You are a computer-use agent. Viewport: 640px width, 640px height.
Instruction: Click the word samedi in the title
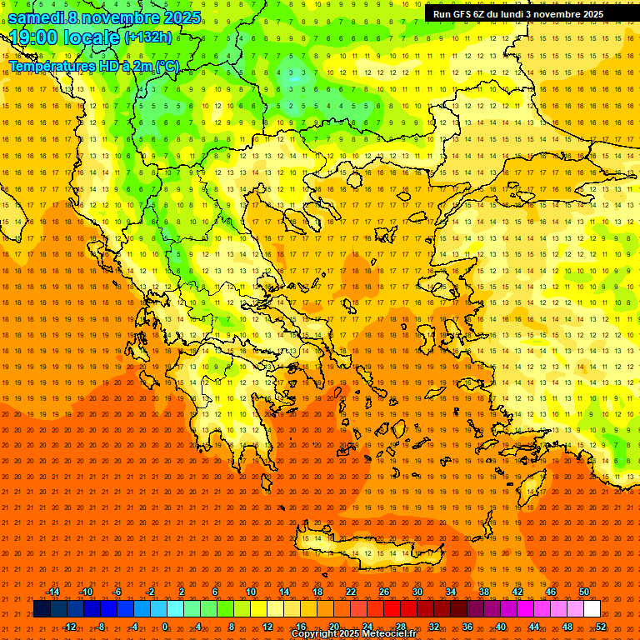[x=37, y=17]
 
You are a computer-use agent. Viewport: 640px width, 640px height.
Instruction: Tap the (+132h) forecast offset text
[x=147, y=37]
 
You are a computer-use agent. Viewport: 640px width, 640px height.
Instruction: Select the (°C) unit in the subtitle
[x=167, y=66]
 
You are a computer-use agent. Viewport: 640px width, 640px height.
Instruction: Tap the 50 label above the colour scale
[x=583, y=592]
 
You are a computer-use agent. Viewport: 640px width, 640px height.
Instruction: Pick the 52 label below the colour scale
[x=601, y=627]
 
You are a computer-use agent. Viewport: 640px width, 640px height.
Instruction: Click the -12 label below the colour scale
[x=69, y=627]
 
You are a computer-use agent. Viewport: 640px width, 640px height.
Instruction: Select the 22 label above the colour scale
[x=351, y=592]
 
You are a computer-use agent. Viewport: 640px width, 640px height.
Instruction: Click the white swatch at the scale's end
[x=592, y=609]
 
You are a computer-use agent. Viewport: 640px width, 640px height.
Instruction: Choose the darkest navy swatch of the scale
[x=42, y=609]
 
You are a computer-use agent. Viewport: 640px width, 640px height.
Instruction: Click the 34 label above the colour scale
[x=451, y=592]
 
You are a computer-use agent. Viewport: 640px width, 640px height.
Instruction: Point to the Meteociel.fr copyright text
[x=353, y=634]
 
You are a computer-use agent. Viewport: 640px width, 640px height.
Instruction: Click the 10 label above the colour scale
[x=251, y=592]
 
